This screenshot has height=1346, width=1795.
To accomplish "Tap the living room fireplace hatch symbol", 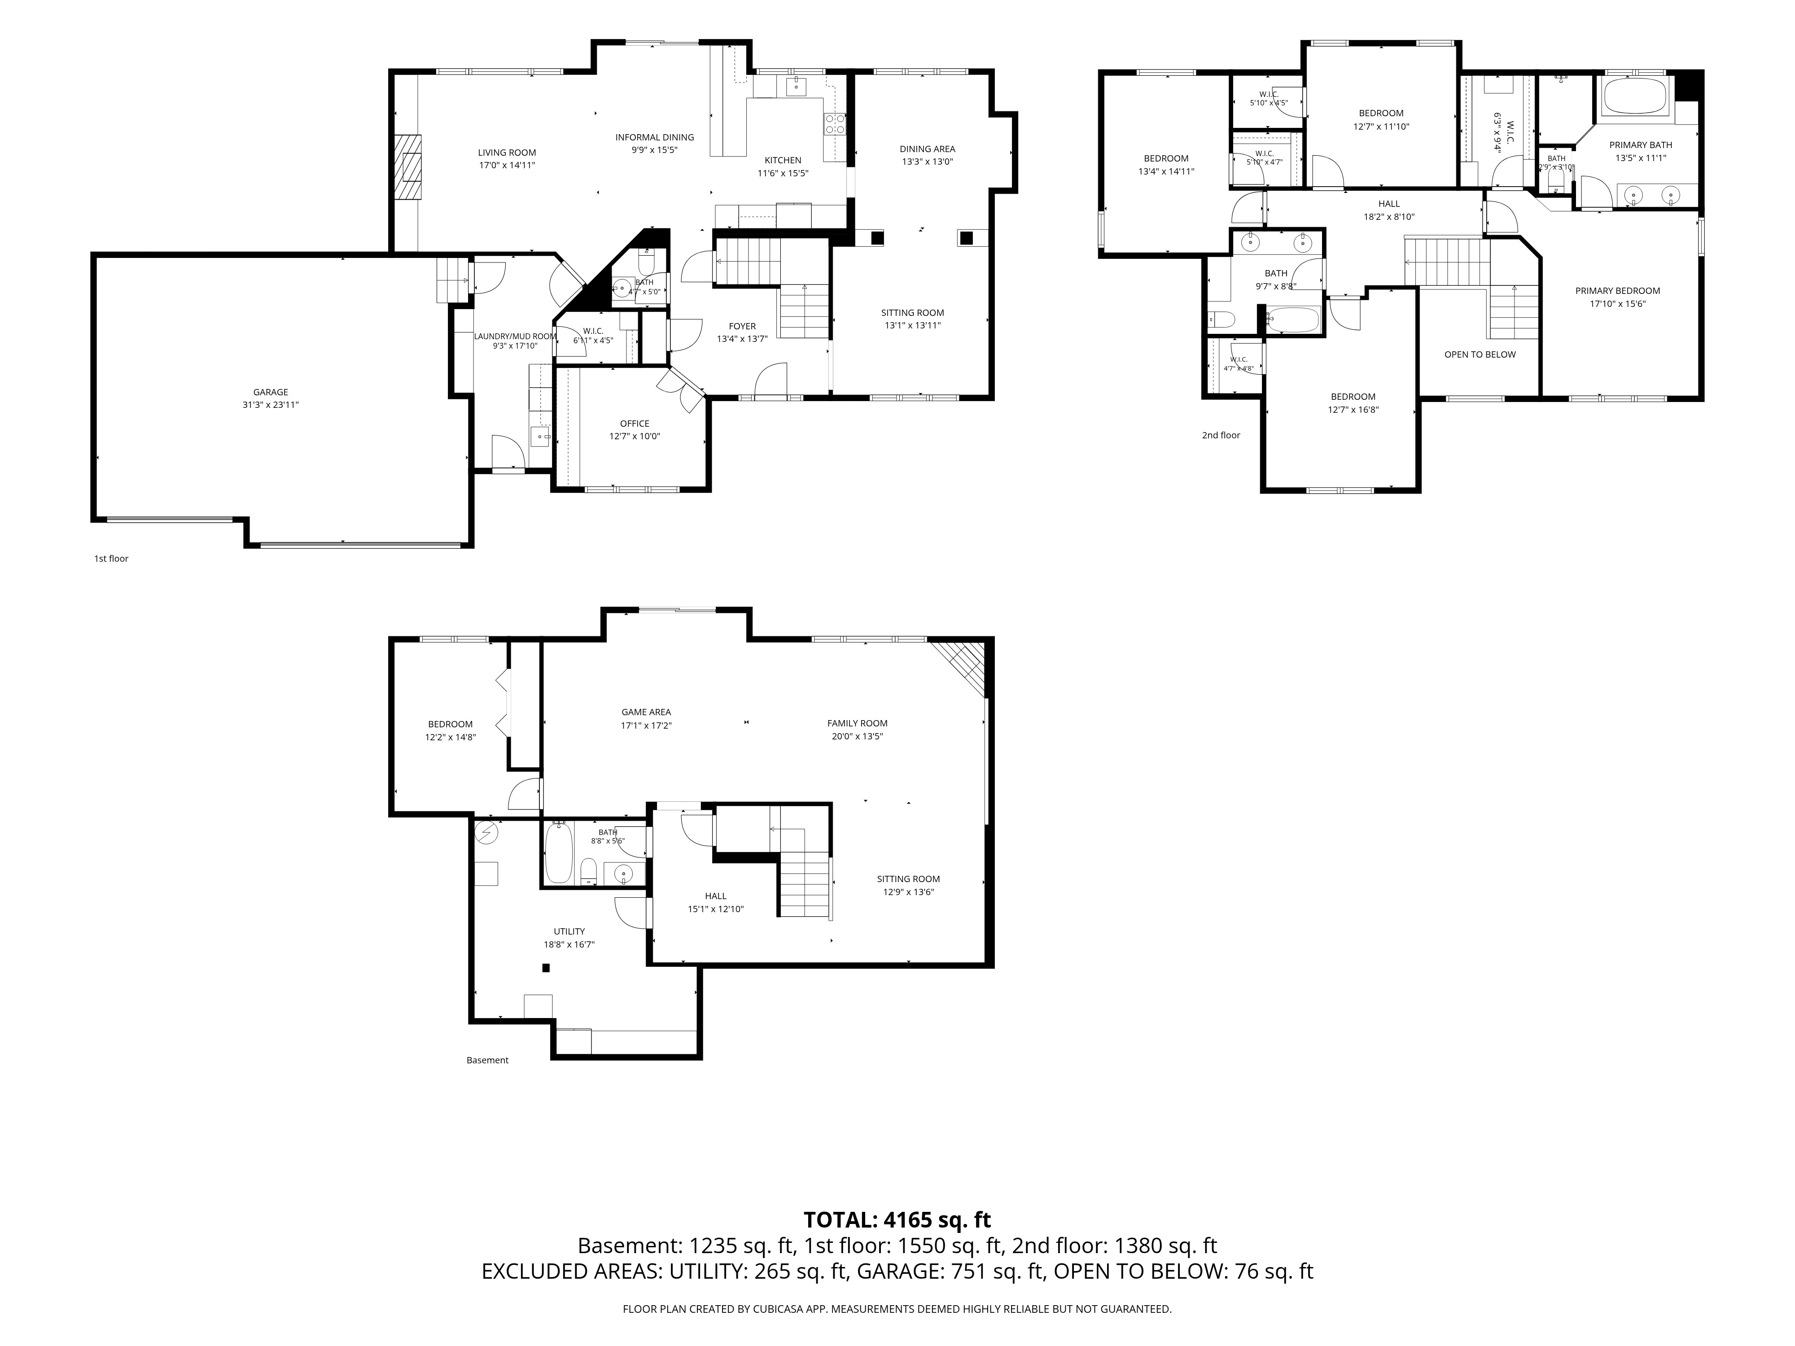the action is tap(409, 166).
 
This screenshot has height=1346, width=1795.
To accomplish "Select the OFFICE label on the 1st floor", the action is tap(635, 424).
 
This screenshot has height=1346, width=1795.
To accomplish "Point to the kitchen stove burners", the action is tap(835, 123).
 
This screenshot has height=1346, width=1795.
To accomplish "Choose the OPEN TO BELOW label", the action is tap(1480, 354).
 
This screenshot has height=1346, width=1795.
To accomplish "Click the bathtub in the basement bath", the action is tap(558, 853).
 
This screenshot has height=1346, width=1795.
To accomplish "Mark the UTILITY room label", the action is tap(569, 931).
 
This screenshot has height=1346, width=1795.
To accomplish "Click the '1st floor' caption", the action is tap(111, 558).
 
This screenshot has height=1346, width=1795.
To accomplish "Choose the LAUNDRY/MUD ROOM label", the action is tap(515, 336).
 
